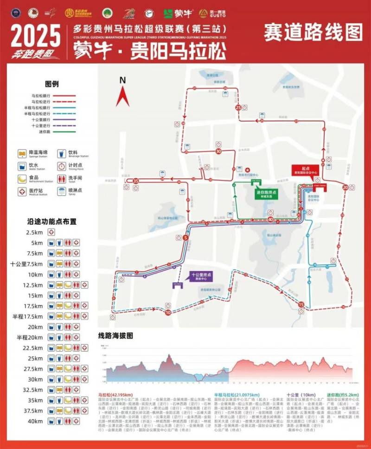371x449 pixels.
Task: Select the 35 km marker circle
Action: point(136,181)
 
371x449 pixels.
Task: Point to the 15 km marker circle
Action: point(301,304)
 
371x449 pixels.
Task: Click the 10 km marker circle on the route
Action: point(167,312)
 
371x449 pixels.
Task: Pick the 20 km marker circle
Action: point(345,187)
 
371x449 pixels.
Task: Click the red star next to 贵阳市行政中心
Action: point(247,170)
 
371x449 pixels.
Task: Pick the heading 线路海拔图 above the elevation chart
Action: point(116,335)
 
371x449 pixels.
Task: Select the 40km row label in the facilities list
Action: point(35,421)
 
